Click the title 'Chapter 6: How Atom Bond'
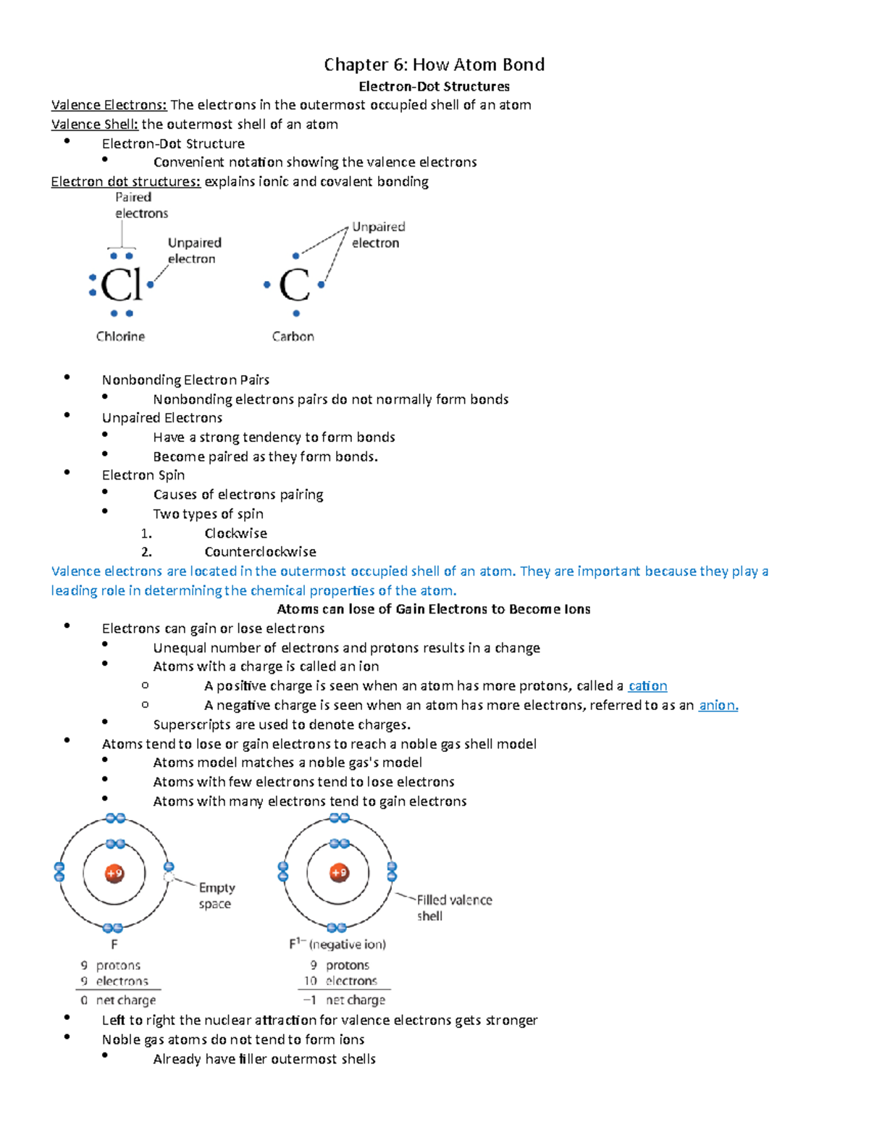click(x=434, y=64)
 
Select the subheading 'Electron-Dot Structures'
click(x=434, y=86)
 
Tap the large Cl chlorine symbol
click(x=121, y=285)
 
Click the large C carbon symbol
click(x=294, y=285)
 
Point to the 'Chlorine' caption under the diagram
click(x=120, y=336)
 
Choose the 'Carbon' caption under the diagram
click(x=293, y=336)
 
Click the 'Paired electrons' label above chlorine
click(x=141, y=205)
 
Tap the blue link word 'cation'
click(x=647, y=685)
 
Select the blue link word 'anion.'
click(x=718, y=705)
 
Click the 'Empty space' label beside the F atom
click(x=216, y=895)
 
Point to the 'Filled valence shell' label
click(x=453, y=908)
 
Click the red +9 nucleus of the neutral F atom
click(x=114, y=873)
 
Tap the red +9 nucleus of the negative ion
click(x=339, y=873)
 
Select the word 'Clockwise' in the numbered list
click(x=235, y=533)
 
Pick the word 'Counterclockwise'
click(x=260, y=552)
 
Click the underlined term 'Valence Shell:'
click(x=94, y=124)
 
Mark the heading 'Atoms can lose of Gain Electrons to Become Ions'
click(x=434, y=609)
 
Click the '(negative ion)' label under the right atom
click(x=348, y=945)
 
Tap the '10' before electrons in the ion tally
click(x=310, y=981)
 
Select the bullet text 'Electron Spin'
click(x=143, y=475)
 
